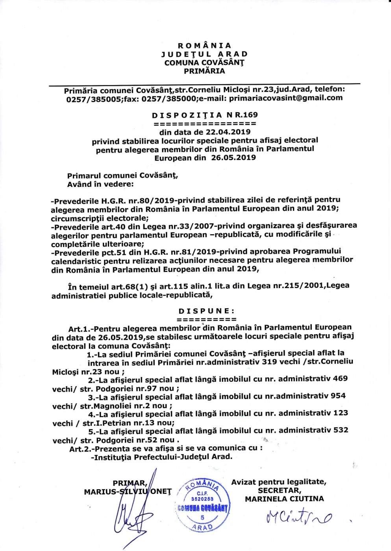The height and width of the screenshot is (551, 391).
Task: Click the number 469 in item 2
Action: point(340,379)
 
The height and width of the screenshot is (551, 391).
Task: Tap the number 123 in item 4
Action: point(341,413)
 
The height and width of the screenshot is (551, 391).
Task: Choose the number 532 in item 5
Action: point(341,430)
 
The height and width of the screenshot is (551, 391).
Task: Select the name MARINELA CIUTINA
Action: point(284,499)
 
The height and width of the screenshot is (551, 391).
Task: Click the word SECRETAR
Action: point(280,490)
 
